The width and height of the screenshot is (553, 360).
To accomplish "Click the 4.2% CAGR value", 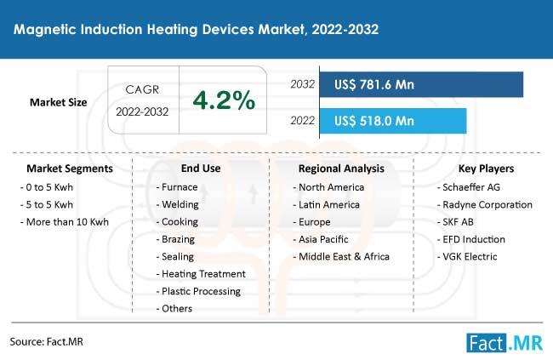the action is [224, 100].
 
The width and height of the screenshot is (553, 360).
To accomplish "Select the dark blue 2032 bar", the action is [421, 84].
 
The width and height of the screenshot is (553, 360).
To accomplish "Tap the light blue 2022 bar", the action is [393, 121].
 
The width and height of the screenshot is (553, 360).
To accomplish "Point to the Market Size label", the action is [58, 102].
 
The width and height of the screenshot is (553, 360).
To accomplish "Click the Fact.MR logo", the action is [505, 343].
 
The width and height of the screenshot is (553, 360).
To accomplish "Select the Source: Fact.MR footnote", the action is [47, 341].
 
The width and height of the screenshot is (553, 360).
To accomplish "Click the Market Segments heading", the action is [70, 169].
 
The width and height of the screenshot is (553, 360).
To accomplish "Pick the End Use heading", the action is [201, 169].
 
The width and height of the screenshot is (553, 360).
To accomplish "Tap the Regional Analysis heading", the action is [341, 169].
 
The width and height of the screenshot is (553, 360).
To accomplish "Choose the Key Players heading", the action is [486, 169].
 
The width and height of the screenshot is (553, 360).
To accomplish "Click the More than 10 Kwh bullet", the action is [65, 222].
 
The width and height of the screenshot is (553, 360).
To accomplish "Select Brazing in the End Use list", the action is [175, 239].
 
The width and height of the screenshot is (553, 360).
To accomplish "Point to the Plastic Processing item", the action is [198, 292].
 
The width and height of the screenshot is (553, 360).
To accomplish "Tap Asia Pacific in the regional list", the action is [321, 239].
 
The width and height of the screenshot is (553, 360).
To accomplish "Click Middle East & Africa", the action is [341, 256].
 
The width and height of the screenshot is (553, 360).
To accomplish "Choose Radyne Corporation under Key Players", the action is [485, 205].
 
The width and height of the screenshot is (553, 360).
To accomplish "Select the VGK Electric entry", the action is [467, 256].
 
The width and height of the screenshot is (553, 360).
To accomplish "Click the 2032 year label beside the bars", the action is [302, 84].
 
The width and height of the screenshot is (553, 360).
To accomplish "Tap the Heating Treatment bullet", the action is [201, 274].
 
